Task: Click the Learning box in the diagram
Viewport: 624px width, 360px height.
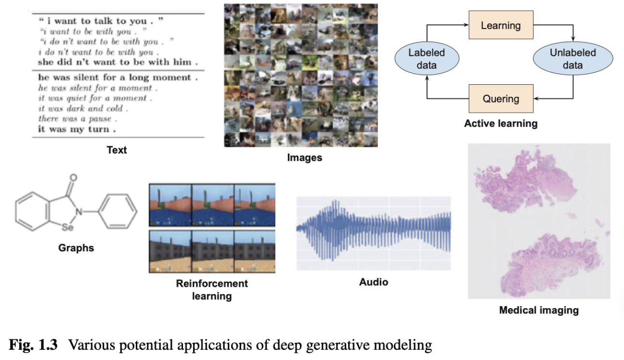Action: click(x=501, y=25)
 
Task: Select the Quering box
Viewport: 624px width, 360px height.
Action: click(x=501, y=99)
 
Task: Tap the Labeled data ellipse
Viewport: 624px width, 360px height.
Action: click(x=427, y=59)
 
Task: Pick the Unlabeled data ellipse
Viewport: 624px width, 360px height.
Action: click(x=573, y=59)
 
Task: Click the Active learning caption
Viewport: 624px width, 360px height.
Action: click(x=501, y=124)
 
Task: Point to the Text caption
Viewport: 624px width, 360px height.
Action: click(x=117, y=150)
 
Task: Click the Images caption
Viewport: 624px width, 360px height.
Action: click(x=304, y=157)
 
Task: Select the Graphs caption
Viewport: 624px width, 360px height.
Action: click(x=76, y=248)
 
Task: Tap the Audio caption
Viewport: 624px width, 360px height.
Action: click(x=374, y=282)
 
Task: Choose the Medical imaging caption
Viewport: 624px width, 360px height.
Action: click(x=539, y=310)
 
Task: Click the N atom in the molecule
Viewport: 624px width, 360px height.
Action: click(x=82, y=211)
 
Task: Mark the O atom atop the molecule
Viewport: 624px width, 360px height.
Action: click(x=73, y=177)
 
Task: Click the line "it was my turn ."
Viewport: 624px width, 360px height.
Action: click(x=77, y=129)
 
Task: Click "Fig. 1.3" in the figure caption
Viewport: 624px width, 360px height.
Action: click(x=34, y=345)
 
